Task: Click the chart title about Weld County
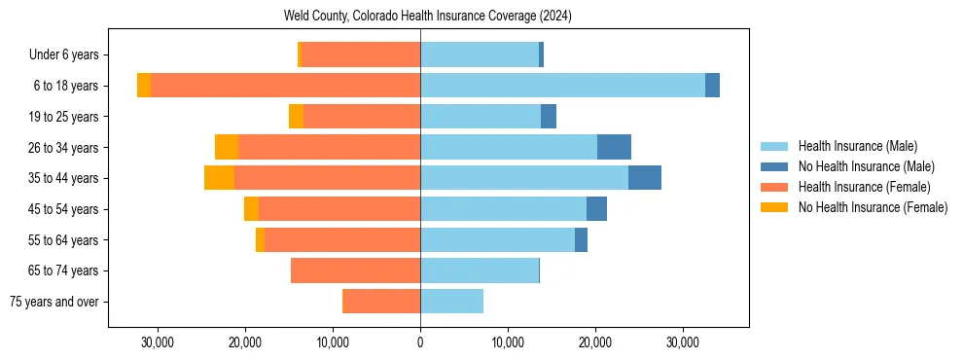tap(428, 16)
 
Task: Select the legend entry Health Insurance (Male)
tap(857, 146)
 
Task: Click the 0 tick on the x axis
tap(420, 342)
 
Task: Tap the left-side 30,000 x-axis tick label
tap(157, 342)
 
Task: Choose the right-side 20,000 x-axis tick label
tap(595, 342)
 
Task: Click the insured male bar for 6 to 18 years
tap(562, 86)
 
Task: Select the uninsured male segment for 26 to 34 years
tap(614, 147)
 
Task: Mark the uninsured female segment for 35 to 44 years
tap(219, 178)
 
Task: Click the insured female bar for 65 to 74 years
tap(355, 270)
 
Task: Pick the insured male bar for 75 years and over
tap(451, 302)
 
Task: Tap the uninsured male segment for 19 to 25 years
tap(549, 117)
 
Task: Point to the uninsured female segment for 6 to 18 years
tap(144, 86)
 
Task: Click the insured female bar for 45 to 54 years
tap(339, 209)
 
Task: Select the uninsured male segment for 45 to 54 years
tap(596, 209)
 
